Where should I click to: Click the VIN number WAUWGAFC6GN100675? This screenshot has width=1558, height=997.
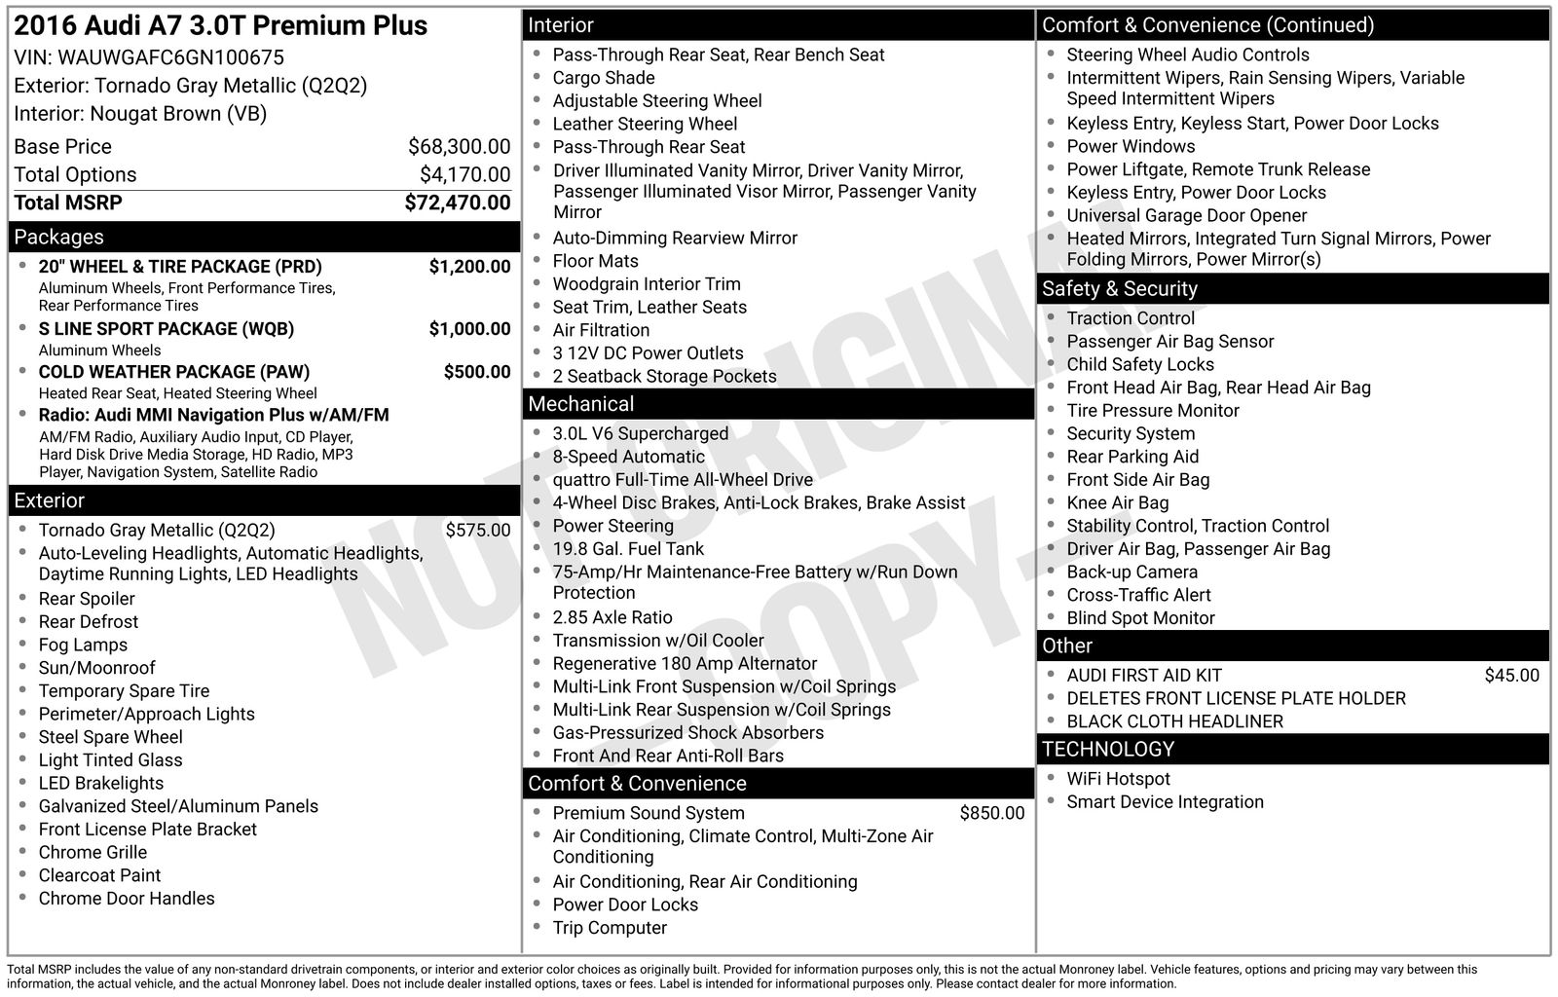click(170, 57)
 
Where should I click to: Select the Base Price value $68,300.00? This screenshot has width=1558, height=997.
click(459, 147)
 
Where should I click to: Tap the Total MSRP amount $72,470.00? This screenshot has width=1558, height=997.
click(457, 203)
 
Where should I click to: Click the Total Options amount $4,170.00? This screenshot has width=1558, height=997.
click(464, 175)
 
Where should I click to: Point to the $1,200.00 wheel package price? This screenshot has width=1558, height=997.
click(469, 267)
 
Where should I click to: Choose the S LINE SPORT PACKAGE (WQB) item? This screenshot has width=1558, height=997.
click(166, 329)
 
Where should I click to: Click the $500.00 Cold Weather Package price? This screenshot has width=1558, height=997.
click(476, 372)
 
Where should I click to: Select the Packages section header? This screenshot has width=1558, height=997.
click(58, 238)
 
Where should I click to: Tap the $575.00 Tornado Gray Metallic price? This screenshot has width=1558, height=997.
click(477, 531)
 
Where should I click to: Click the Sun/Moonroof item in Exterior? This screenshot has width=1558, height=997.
click(96, 668)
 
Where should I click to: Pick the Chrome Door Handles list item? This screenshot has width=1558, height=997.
click(127, 899)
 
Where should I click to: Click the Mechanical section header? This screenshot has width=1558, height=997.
click(580, 404)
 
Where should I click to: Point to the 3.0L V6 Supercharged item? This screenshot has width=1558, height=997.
click(640, 434)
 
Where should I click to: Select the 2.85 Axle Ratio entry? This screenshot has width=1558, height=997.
click(612, 617)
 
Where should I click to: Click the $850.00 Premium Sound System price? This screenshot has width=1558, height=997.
click(991, 813)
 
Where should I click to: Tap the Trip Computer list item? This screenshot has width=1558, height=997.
click(610, 928)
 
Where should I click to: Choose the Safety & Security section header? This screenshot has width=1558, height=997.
click(1119, 289)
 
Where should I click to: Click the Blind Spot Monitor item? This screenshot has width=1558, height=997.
click(1140, 618)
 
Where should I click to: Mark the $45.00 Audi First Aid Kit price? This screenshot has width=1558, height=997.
click(1511, 676)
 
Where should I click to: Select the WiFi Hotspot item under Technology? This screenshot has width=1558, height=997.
click(1118, 779)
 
